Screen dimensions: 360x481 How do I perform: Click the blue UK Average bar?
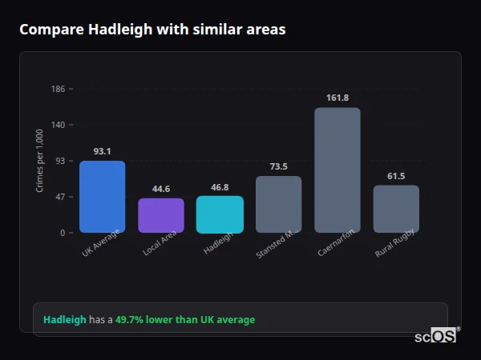(102, 197)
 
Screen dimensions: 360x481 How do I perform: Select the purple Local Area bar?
(161, 215)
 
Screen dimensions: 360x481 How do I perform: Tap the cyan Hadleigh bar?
(220, 214)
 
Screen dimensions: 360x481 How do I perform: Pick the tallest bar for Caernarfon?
(337, 170)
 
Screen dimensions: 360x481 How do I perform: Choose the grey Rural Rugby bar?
(396, 209)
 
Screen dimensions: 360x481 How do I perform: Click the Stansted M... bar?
(278, 204)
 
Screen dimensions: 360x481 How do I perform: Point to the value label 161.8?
(338, 98)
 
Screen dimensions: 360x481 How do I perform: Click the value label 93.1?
(102, 151)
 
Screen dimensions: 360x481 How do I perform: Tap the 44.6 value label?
(161, 189)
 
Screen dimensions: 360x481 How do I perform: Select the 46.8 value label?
(220, 187)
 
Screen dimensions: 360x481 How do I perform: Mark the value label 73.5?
(278, 166)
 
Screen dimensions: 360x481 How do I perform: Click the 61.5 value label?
(396, 176)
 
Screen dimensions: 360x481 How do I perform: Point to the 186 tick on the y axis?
(58, 89)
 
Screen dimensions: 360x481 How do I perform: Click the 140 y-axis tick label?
(58, 125)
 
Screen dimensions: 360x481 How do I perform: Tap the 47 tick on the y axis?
(60, 197)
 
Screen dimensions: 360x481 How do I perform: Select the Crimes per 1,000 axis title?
(39, 160)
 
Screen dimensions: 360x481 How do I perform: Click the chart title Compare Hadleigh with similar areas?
(152, 30)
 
